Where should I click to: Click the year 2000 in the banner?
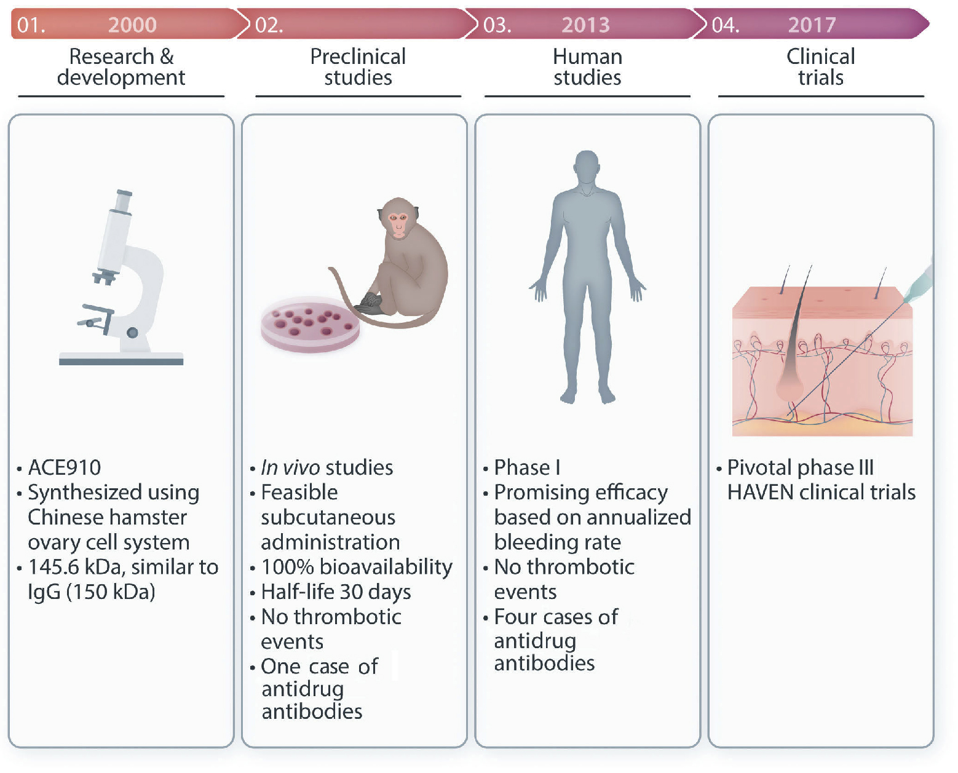tap(132, 25)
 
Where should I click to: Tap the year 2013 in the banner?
tap(585, 25)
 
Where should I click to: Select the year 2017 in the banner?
tap(812, 25)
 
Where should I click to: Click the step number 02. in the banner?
tap(269, 25)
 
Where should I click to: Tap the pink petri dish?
tap(310, 324)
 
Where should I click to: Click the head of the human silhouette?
tap(587, 167)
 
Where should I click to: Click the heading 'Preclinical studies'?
tap(358, 66)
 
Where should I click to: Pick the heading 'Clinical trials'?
tap(820, 66)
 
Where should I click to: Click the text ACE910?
tap(65, 467)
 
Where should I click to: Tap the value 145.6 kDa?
tap(74, 566)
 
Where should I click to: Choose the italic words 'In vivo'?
tap(290, 467)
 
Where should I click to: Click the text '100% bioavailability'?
tap(357, 566)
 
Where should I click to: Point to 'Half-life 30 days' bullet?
tap(336, 592)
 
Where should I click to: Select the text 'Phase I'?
tap(527, 467)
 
